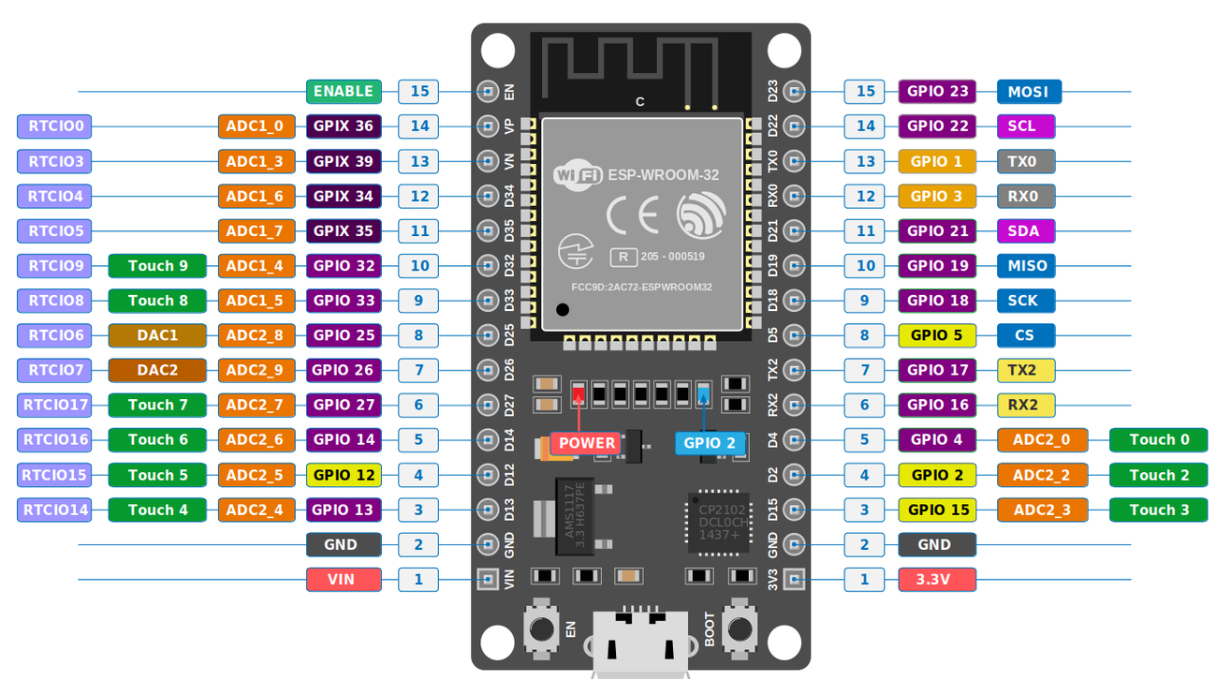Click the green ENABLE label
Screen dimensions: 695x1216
click(344, 92)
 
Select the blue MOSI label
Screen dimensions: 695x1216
click(1029, 92)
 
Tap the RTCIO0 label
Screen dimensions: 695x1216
click(55, 126)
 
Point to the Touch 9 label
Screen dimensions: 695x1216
click(157, 266)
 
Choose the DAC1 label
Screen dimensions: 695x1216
click(157, 335)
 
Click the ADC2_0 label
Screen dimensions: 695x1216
click(1042, 440)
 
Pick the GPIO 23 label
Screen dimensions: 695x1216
click(937, 92)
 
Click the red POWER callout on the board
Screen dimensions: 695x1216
click(587, 443)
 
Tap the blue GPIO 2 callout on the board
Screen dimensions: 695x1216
click(710, 443)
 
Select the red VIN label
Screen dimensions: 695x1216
click(344, 580)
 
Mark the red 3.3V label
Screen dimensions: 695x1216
click(937, 580)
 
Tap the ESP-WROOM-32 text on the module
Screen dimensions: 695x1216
click(663, 175)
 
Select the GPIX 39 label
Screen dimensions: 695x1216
click(344, 161)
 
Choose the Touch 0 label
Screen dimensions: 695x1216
click(1158, 440)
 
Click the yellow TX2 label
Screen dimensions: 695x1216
click(1026, 370)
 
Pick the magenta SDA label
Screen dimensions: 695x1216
click(1026, 231)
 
